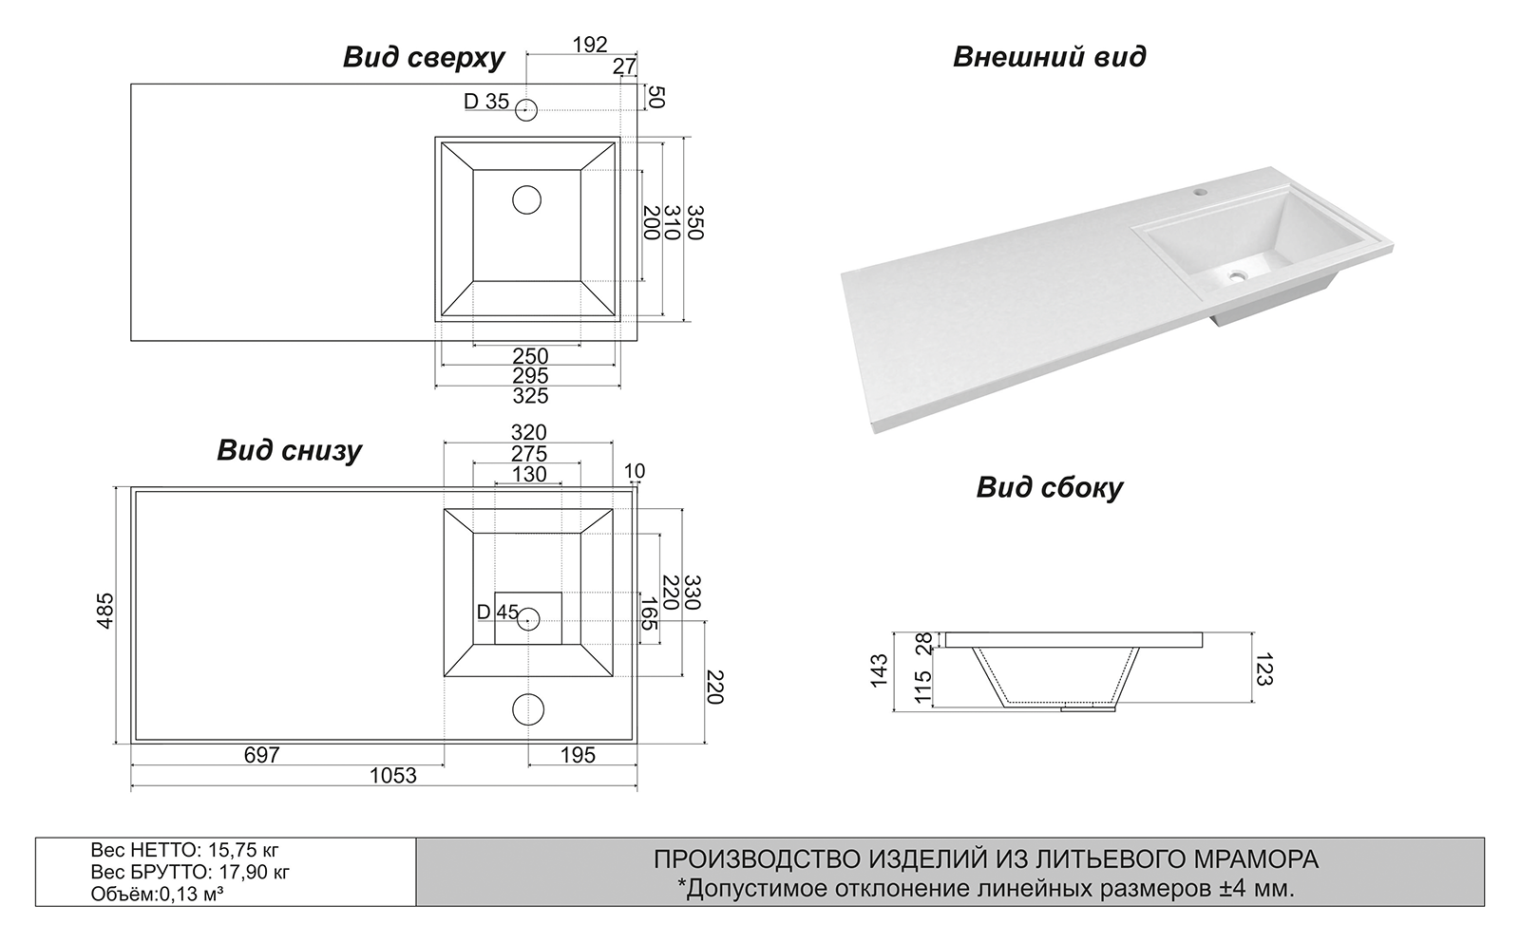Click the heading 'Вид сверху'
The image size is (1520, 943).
coord(424,58)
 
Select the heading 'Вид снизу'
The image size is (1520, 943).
coord(289,450)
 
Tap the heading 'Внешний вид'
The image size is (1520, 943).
coord(1049,57)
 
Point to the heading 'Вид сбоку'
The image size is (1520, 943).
coord(1049,488)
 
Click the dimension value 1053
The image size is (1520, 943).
coord(392,776)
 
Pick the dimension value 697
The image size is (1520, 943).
coord(261,755)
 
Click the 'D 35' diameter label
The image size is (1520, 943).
coord(485,102)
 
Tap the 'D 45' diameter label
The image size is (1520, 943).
coord(497,613)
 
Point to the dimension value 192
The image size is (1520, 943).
coord(589,45)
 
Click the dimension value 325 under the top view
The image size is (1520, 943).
coord(530,396)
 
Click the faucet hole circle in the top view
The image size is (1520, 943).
coord(526,109)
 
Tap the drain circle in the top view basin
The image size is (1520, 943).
coord(526,200)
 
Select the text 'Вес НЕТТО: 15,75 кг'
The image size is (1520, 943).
coord(184,850)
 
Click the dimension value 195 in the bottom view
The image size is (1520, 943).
coord(578,755)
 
